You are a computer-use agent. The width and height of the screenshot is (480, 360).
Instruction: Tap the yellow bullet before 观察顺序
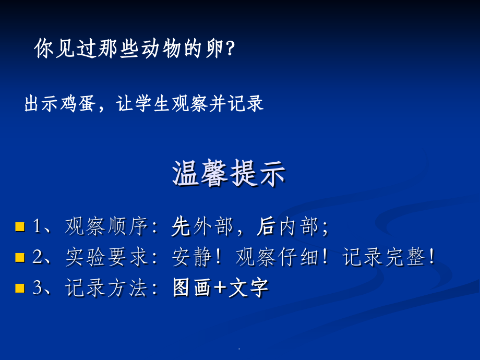[x=20, y=226]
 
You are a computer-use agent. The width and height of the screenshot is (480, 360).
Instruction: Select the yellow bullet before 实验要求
[x=20, y=257]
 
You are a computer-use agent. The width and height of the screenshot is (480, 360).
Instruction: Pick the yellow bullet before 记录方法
[x=20, y=288]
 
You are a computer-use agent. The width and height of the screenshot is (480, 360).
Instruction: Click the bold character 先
[x=181, y=226]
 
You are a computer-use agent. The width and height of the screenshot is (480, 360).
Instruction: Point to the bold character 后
[x=266, y=226]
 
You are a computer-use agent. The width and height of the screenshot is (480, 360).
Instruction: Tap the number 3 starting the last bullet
[x=37, y=288]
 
